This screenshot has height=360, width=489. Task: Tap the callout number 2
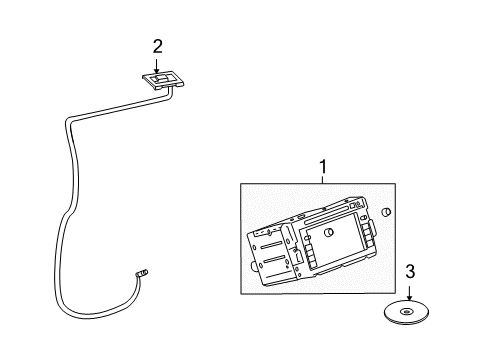(157, 45)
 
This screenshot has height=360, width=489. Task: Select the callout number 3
(410, 271)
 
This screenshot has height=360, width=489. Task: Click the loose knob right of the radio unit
(387, 212)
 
